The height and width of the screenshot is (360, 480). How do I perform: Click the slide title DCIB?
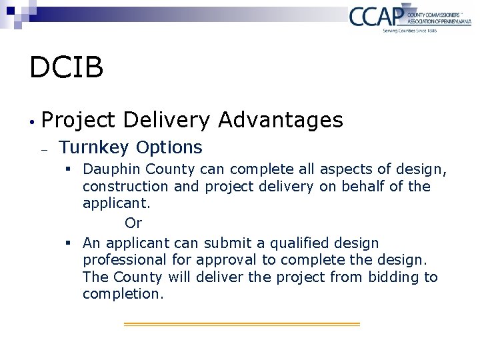(66, 67)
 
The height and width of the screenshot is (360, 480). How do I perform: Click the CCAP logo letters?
(375, 15)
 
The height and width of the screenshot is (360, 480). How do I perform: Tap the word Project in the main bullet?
(79, 120)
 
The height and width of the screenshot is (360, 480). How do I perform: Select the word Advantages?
(281, 120)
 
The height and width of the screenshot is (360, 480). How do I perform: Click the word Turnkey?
(94, 147)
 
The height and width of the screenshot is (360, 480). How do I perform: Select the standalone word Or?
(133, 223)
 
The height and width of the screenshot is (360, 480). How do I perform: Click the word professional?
(125, 259)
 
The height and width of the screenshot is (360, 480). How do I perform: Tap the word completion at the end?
(123, 294)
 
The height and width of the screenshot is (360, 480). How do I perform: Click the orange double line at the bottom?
(241, 324)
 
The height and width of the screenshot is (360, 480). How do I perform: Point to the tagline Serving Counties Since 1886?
(409, 31)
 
